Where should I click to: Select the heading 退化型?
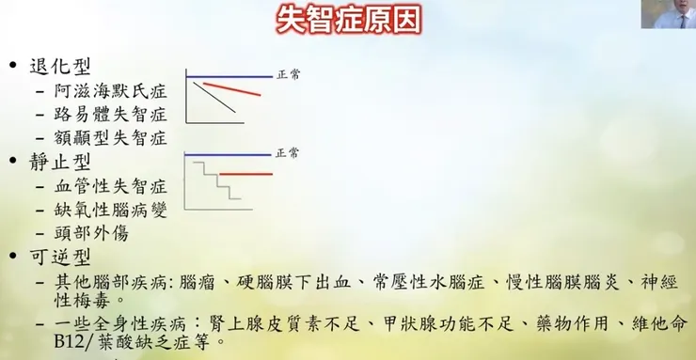point(61,69)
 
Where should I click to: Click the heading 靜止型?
point(61,163)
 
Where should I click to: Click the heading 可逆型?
point(61,257)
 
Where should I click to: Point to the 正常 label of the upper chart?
point(289,74)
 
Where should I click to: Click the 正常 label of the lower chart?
point(289,152)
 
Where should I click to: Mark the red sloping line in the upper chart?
point(232,89)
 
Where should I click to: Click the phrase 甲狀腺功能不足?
point(464,324)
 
